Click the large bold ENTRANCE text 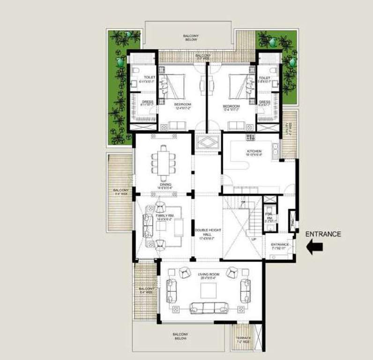pyautogui.click(x=323, y=234)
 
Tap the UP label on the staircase pyautogui.click(x=254, y=239)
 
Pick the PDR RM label pyautogui.click(x=269, y=216)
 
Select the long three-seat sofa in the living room pyautogui.click(x=209, y=308)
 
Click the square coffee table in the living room pyautogui.click(x=209, y=291)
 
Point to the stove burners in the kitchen pyautogui.click(x=250, y=138)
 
